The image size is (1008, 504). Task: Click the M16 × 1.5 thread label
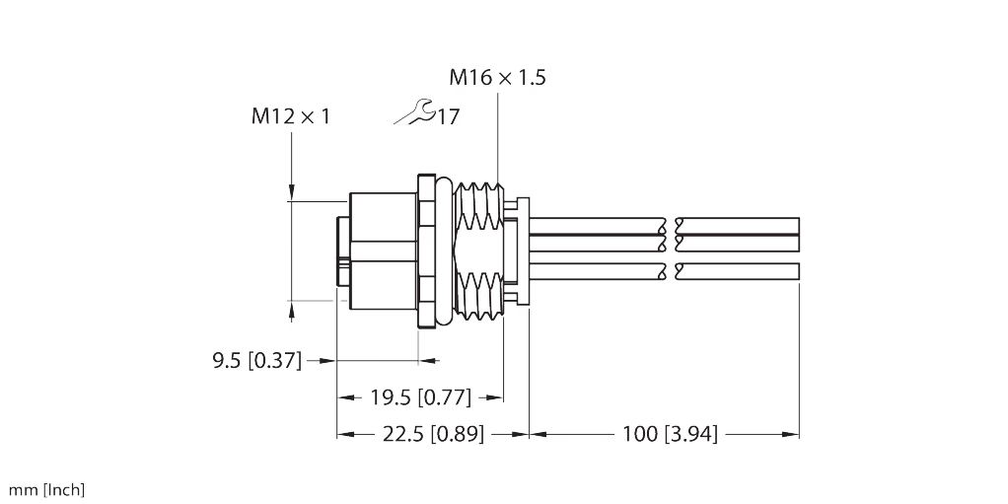click(497, 77)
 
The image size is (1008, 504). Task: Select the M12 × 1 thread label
click(291, 116)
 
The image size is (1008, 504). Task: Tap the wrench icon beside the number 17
click(414, 111)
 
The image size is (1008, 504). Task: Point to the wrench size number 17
click(449, 117)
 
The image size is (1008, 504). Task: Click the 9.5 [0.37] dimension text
click(256, 361)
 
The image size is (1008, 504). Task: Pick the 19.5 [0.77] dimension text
click(420, 397)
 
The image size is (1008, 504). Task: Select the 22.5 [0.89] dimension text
click(433, 434)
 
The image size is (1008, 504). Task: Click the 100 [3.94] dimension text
click(670, 434)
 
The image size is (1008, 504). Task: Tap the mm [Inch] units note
click(46, 490)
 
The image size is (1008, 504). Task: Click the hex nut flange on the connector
click(426, 251)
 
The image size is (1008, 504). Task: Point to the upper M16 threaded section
click(478, 206)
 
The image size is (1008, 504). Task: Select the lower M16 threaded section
click(478, 294)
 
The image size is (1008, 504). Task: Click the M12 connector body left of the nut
click(383, 251)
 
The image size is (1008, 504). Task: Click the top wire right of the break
click(738, 225)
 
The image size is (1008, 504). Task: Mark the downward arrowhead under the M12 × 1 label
click(291, 191)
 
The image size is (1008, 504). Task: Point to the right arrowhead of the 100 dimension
click(791, 435)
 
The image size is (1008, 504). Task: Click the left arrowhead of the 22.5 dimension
click(345, 435)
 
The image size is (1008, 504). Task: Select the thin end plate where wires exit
click(523, 252)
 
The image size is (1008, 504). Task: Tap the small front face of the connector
click(343, 252)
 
